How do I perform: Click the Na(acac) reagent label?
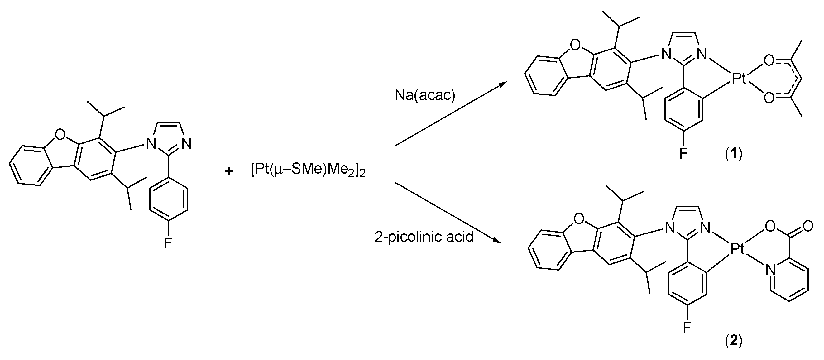[x=425, y=95]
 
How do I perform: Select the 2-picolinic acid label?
[x=424, y=237]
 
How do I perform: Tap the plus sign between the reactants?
[x=229, y=171]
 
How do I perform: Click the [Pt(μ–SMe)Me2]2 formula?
[x=308, y=170]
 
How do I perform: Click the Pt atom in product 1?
[x=739, y=79]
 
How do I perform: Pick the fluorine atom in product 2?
[x=687, y=327]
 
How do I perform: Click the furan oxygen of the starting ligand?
[x=60, y=134]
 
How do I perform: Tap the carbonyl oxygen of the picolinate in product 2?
[x=807, y=227]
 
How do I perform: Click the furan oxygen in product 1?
[x=575, y=46]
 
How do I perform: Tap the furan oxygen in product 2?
[x=579, y=219]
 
